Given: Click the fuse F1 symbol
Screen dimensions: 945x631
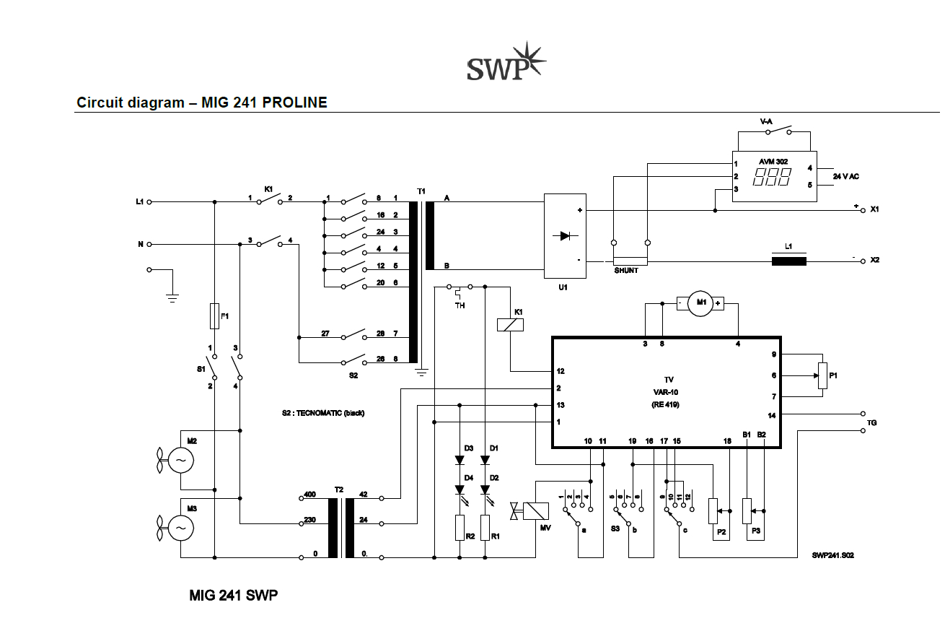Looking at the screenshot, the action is point(214,316).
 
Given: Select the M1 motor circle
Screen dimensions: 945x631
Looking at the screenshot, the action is point(700,303).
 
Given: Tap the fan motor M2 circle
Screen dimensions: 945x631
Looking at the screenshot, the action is point(181,461).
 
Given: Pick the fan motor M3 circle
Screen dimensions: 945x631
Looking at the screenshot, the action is point(181,528).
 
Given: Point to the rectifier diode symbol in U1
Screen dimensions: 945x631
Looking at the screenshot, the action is point(566,235).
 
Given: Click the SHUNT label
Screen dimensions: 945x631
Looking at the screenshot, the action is point(626,271).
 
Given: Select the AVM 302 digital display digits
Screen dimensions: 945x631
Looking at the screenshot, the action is point(772,177).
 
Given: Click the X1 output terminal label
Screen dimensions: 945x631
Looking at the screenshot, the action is point(875,209).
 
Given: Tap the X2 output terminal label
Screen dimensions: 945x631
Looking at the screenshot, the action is point(875,260).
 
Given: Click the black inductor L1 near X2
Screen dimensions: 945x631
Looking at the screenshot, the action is point(789,261).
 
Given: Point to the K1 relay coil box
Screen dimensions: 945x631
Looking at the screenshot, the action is point(511,325).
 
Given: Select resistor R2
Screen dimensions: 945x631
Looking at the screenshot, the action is point(460,528).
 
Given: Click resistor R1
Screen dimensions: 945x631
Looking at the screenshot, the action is point(485,528).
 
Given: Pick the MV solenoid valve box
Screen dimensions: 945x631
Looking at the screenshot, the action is point(536,511).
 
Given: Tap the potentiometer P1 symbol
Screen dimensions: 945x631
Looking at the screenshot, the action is point(822,375).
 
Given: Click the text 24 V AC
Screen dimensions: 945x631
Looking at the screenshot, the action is point(846,177).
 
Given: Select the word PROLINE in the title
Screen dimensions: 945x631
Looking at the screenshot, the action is point(294,103).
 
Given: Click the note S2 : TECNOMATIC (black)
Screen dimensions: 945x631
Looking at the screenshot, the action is point(323,413).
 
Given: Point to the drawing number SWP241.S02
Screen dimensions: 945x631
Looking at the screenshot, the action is point(832,555).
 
